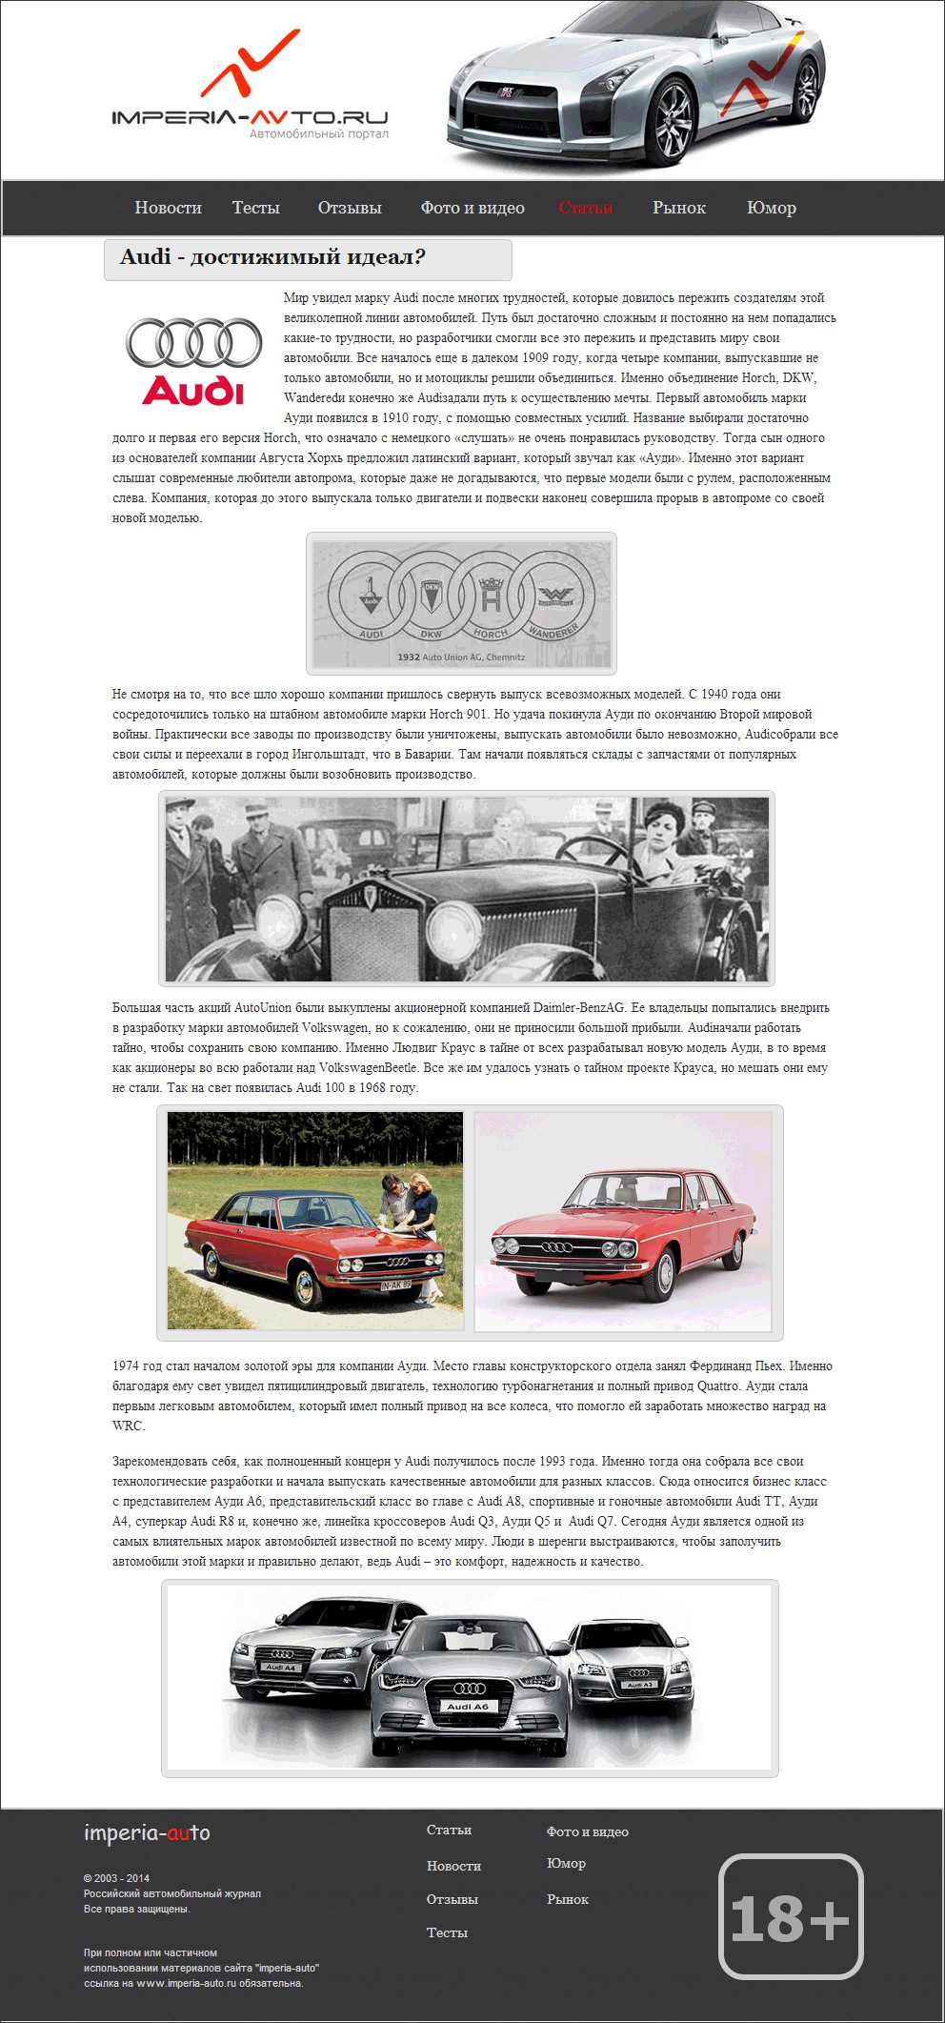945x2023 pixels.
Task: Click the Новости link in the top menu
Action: click(x=168, y=208)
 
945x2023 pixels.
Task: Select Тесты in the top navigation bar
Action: click(x=255, y=208)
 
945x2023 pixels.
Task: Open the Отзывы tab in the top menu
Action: click(x=350, y=208)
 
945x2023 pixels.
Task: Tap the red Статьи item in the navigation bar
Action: click(x=585, y=208)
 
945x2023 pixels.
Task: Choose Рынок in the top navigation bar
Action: click(x=678, y=208)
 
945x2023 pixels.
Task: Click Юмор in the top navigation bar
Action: click(x=771, y=208)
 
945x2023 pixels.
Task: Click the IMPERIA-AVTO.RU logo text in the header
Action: click(x=250, y=117)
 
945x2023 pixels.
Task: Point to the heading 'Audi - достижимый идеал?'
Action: click(x=272, y=257)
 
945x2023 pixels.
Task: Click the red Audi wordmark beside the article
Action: click(x=193, y=391)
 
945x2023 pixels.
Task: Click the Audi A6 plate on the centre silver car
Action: click(x=468, y=1707)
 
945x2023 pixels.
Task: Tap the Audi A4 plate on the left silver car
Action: click(x=281, y=1668)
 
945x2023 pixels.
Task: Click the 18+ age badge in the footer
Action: click(x=790, y=1916)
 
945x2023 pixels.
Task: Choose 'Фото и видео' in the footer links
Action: click(x=587, y=1831)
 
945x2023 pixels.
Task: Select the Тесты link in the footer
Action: click(x=447, y=1932)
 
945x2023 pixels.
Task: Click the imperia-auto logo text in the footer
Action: click(x=147, y=1832)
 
